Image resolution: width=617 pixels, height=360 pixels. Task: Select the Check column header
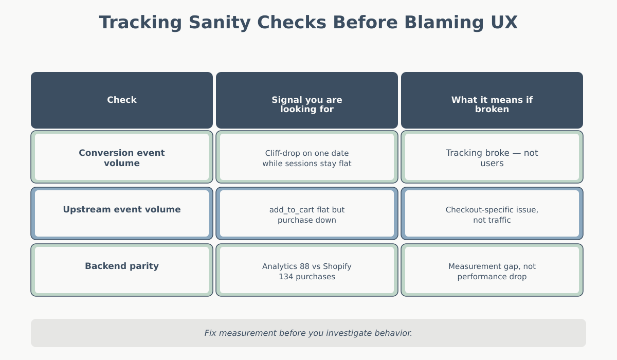click(122, 100)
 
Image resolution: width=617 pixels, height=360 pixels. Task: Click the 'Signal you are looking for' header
click(307, 104)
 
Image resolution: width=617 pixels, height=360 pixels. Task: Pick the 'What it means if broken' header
click(492, 104)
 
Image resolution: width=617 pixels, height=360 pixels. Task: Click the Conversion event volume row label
click(122, 158)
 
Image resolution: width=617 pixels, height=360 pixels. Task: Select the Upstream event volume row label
click(122, 210)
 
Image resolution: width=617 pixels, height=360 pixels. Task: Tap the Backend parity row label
click(122, 266)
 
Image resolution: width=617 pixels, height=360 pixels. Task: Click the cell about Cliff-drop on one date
click(307, 158)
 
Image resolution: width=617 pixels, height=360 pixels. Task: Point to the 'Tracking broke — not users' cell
click(492, 158)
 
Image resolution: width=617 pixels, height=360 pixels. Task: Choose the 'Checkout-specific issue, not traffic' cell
click(492, 215)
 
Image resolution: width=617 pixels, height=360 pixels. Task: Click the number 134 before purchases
click(286, 277)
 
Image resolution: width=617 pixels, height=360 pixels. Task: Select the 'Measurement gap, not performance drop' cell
click(492, 272)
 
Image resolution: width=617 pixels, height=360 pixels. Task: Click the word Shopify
click(337, 266)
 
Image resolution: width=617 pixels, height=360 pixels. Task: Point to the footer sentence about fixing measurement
click(308, 333)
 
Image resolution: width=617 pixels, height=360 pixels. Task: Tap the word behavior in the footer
click(394, 333)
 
